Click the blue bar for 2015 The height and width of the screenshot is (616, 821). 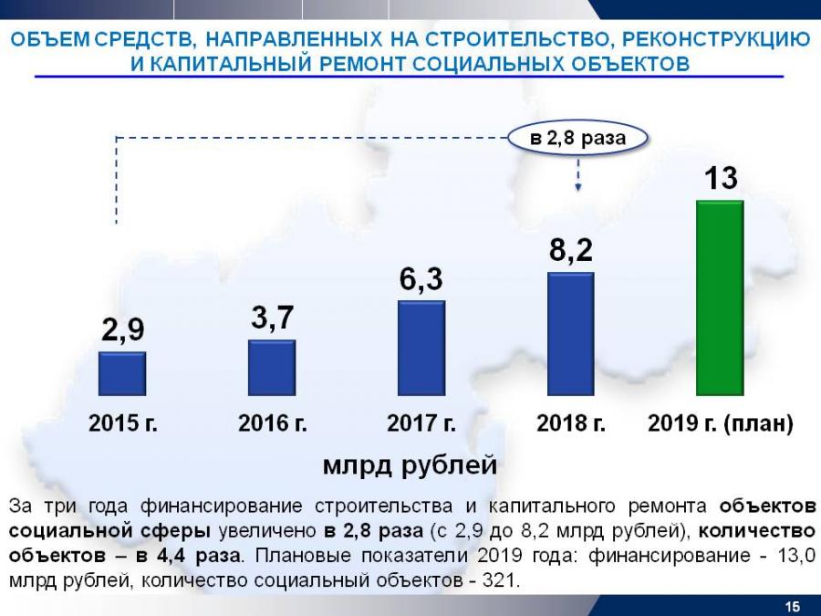(122, 374)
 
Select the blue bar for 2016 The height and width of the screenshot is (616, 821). (272, 368)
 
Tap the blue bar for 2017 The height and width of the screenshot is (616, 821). (421, 349)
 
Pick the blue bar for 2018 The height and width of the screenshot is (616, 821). (570, 334)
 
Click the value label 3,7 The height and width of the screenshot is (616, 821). (272, 318)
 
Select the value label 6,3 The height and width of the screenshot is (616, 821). (421, 279)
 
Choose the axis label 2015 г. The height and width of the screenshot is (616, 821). (123, 424)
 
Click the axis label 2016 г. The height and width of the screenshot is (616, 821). (273, 424)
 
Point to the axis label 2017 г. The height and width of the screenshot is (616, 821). (421, 424)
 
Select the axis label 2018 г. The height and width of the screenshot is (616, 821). (571, 424)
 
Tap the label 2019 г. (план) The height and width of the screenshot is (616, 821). (721, 424)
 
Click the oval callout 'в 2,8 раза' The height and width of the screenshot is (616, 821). (578, 139)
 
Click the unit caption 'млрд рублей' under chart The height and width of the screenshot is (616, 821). (410, 465)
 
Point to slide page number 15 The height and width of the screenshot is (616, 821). (792, 607)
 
